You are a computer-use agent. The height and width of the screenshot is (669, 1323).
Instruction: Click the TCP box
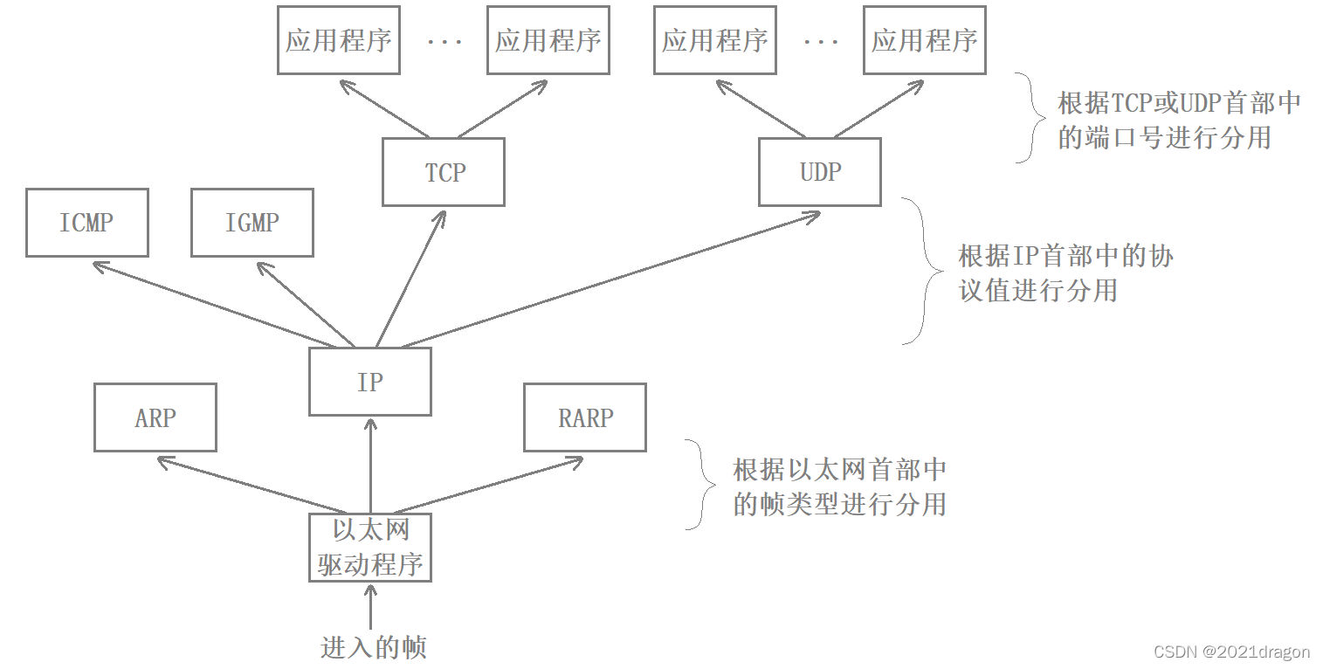click(444, 172)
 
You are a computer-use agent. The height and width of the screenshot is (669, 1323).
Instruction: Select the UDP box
click(819, 172)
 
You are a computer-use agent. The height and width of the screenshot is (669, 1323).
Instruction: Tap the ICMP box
click(86, 223)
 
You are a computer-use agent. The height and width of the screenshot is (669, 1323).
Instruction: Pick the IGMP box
click(252, 223)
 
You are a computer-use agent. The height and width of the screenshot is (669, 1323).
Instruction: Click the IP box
click(369, 382)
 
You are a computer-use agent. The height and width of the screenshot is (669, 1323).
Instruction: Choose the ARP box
click(155, 417)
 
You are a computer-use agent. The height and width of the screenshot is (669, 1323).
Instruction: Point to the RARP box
click(585, 417)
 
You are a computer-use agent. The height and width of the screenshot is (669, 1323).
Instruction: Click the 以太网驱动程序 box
click(370, 548)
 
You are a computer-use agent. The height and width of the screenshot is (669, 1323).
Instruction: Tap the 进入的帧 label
click(373, 647)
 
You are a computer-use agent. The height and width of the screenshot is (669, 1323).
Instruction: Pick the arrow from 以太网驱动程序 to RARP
click(489, 485)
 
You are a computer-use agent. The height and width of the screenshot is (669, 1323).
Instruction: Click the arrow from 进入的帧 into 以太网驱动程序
click(370, 607)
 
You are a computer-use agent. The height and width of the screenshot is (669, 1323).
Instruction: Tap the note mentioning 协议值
click(1065, 272)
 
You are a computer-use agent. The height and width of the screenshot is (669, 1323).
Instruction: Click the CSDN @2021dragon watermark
click(1231, 652)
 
